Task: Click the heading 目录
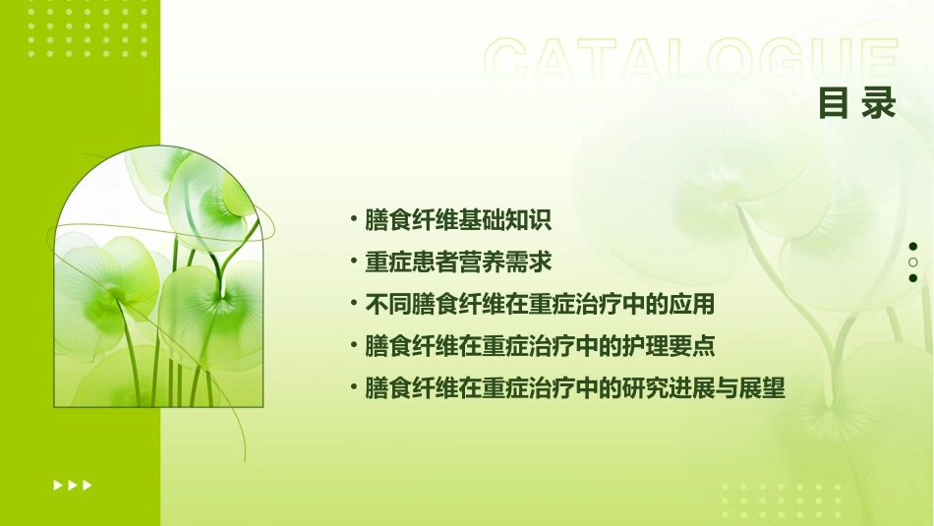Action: (857, 104)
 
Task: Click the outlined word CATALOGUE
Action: (691, 62)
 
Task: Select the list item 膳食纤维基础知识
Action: (458, 220)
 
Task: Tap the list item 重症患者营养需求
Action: (458, 263)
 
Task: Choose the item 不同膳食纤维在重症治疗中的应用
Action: (539, 305)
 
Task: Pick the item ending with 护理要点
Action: (539, 347)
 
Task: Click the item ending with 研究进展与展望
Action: (574, 389)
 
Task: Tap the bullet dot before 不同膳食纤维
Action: (354, 303)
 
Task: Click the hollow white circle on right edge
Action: (913, 263)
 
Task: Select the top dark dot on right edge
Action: (913, 247)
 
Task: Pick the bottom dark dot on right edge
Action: (913, 278)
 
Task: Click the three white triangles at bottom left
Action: (73, 485)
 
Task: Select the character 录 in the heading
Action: (879, 104)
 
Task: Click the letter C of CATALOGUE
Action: (508, 62)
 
